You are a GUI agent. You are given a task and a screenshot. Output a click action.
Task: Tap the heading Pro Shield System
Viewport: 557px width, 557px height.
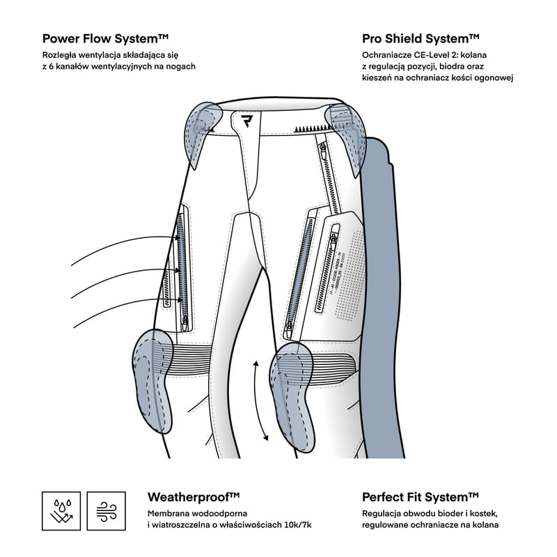(x=421, y=38)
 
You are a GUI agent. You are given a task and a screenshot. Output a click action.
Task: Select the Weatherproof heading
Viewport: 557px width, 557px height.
(x=194, y=496)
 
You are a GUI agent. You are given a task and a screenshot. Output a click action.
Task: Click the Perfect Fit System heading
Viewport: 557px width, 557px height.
(x=421, y=496)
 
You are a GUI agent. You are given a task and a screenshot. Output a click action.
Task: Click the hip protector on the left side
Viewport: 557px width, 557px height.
(x=200, y=129)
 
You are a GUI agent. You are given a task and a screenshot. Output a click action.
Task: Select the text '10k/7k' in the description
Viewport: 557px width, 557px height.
(x=315, y=525)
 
